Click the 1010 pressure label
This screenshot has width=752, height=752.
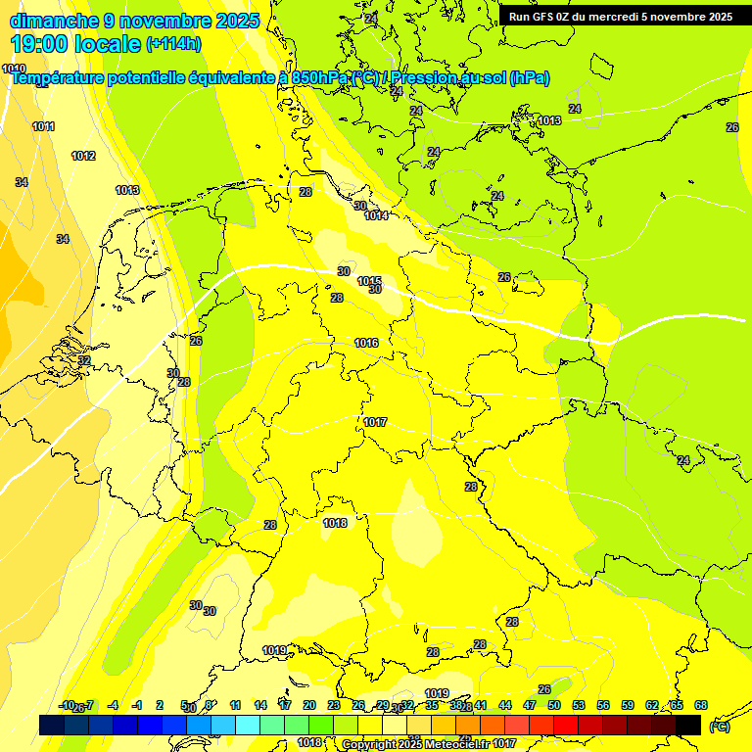point(14,69)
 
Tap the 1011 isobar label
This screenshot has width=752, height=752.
point(43,126)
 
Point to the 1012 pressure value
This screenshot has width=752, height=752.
point(83,156)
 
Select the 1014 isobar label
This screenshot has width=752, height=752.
point(377,215)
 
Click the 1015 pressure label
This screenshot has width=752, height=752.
point(369,282)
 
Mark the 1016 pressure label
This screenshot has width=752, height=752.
point(366,343)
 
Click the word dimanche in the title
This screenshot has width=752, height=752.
point(54,21)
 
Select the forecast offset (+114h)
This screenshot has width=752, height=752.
point(173,43)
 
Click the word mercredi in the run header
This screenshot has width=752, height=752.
point(627,17)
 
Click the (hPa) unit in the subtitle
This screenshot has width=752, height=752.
point(530,78)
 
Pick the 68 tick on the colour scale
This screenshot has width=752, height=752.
point(701,705)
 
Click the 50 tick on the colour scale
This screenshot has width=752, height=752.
point(554,705)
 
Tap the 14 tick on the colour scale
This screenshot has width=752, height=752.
point(260,705)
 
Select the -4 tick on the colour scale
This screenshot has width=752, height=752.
point(113,705)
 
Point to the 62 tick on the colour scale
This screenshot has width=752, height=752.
point(652,705)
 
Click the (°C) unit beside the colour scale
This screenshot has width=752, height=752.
point(720,726)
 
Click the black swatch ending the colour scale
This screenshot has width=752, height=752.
point(688,725)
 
